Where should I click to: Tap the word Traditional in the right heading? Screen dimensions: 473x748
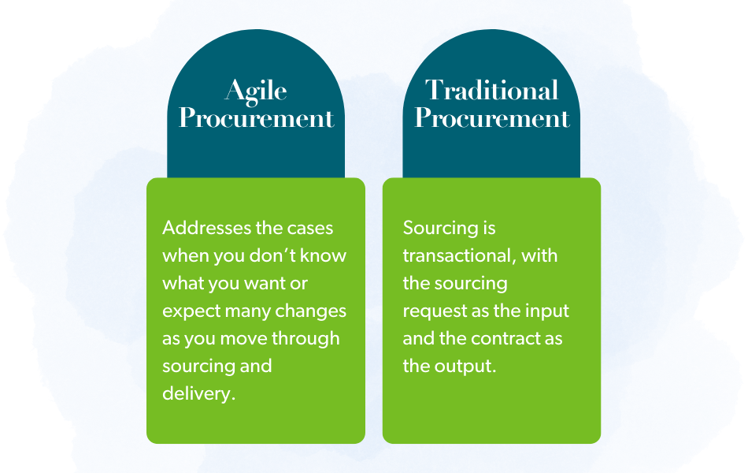[x=491, y=90]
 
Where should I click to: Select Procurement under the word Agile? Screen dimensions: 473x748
[x=256, y=118]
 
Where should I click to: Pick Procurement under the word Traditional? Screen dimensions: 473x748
[x=491, y=118]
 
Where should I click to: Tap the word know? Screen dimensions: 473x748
[x=326, y=255]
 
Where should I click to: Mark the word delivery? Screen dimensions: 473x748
[x=198, y=393]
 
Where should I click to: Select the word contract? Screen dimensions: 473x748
[x=508, y=338]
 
